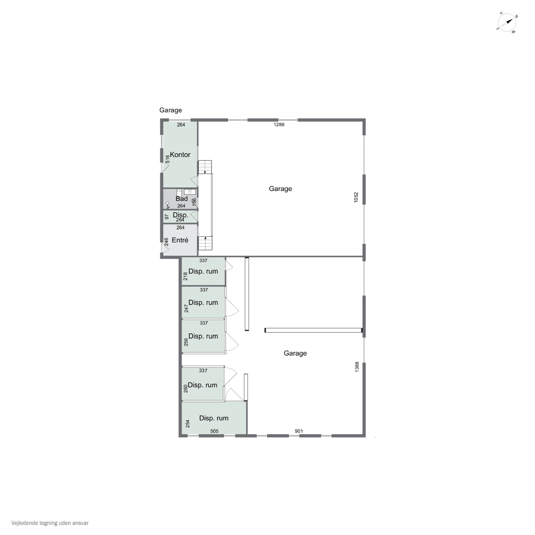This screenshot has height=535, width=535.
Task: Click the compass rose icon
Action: tap(507, 22)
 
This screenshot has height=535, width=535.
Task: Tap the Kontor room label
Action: tap(180, 154)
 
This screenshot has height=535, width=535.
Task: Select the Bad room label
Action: tap(182, 198)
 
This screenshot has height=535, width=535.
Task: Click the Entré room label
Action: tap(180, 240)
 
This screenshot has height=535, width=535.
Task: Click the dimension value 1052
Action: tap(356, 197)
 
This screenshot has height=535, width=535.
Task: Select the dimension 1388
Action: tap(357, 367)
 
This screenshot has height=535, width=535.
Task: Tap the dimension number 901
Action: tap(299, 431)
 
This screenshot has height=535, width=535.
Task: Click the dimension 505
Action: tap(214, 431)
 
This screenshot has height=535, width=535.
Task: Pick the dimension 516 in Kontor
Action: tap(167, 159)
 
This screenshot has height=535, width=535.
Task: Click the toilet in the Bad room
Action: tap(179, 192)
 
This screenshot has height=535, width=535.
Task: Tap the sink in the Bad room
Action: tap(190, 192)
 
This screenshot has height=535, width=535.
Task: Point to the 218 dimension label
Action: tap(185, 276)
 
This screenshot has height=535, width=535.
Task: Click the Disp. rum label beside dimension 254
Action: tap(214, 418)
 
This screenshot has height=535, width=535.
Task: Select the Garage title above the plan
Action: tap(171, 110)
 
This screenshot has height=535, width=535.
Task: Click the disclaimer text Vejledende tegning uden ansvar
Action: tap(50, 523)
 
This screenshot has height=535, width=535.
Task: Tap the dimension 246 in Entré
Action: tap(166, 242)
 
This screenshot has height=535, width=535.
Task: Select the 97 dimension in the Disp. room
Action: tap(167, 217)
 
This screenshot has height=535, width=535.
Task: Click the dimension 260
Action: tap(185, 389)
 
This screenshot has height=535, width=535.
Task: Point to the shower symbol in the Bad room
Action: tap(167, 205)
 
